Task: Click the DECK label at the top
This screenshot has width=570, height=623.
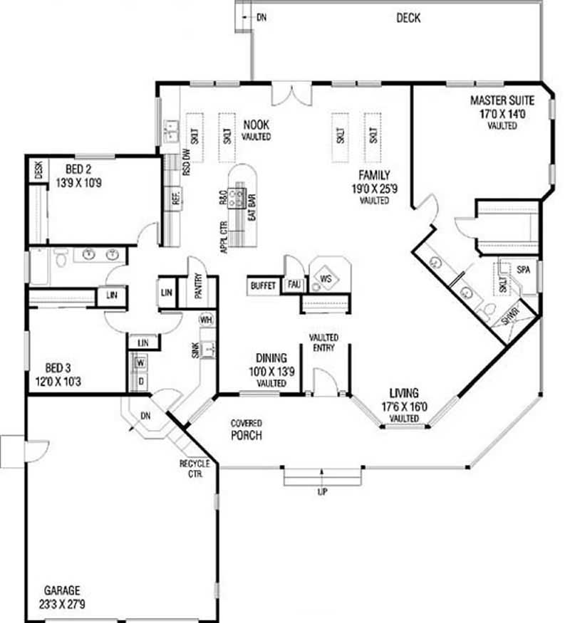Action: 408,18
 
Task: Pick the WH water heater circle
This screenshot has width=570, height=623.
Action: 206,318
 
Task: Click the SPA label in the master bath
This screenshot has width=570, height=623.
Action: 524,271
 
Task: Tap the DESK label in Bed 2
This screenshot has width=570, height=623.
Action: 38,169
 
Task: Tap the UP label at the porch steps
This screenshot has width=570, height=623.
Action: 322,492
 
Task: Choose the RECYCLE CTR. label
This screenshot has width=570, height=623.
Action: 194,468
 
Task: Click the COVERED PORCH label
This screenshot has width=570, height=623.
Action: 246,429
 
